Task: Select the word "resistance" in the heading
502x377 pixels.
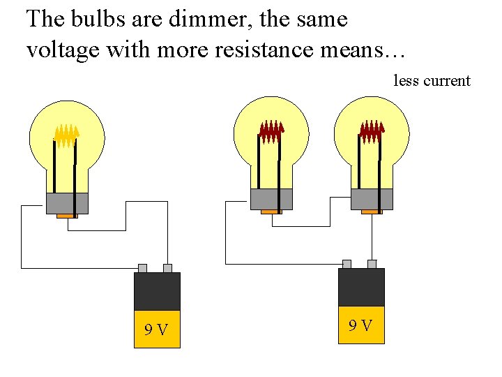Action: pyautogui.click(x=229, y=50)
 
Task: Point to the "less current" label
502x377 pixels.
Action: pyautogui.click(x=432, y=81)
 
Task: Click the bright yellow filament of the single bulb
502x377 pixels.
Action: pyautogui.click(x=66, y=135)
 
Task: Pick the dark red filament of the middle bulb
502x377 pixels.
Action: pyautogui.click(x=271, y=130)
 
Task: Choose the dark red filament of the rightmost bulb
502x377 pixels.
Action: pyautogui.click(x=372, y=130)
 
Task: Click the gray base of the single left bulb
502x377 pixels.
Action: pyautogui.click(x=67, y=203)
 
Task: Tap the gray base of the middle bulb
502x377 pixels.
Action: pyautogui.click(x=271, y=199)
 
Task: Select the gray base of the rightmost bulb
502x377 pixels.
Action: pyautogui.click(x=372, y=199)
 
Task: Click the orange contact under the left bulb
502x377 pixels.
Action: pyautogui.click(x=67, y=216)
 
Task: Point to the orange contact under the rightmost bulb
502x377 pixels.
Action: pyautogui.click(x=372, y=212)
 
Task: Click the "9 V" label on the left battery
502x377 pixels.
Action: pyautogui.click(x=157, y=330)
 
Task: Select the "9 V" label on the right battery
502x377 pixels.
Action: pyautogui.click(x=360, y=325)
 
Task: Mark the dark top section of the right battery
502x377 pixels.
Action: pyautogui.click(x=360, y=287)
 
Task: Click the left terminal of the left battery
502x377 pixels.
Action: pyautogui.click(x=142, y=268)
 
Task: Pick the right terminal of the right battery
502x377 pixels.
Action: pyautogui.click(x=372, y=264)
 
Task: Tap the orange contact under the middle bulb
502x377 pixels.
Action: pyautogui.click(x=271, y=212)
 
